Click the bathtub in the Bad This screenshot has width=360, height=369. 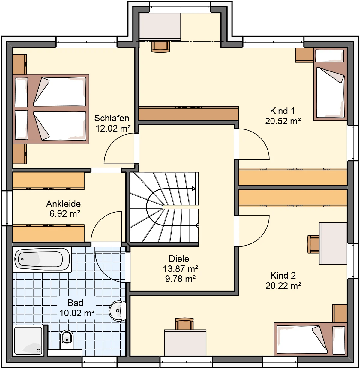[42, 259]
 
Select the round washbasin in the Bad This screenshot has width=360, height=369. [118, 311]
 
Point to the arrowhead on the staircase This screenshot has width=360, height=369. [193, 189]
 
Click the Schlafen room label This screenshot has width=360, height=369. [112, 118]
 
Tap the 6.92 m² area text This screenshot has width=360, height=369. [65, 214]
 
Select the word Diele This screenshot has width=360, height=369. [179, 259]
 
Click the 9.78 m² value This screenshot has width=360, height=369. [180, 279]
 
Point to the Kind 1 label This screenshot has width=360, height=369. [283, 111]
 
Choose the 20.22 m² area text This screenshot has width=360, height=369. [283, 286]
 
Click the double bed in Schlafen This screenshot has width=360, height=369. [51, 109]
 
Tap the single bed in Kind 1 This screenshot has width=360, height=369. [330, 84]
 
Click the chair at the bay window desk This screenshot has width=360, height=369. [160, 46]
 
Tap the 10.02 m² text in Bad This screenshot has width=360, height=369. [77, 313]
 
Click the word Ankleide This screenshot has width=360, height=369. [64, 204]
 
